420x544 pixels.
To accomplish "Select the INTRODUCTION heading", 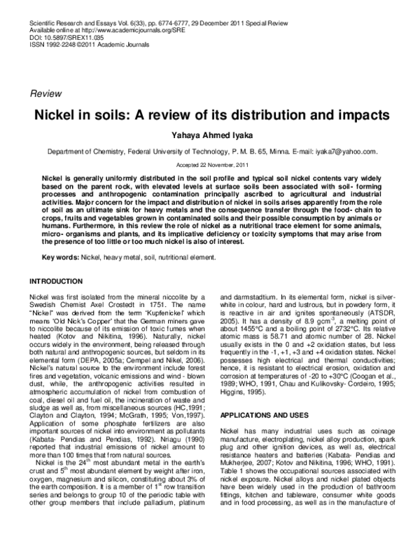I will [x=57, y=281].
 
